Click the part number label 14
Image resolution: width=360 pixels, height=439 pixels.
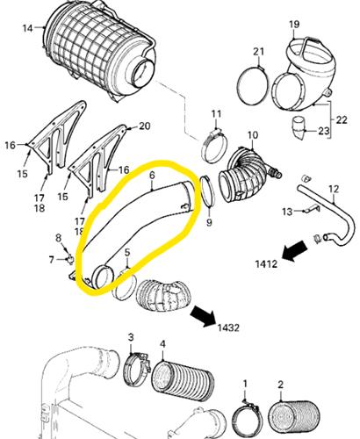(27, 29)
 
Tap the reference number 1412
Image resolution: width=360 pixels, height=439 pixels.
(266, 264)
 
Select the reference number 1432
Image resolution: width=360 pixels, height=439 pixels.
(228, 327)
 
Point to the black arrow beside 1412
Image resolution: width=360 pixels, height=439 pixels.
(294, 250)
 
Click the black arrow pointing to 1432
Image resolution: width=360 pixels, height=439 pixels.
(203, 316)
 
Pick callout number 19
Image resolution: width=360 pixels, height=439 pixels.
(294, 24)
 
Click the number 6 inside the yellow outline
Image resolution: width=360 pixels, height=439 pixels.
(152, 176)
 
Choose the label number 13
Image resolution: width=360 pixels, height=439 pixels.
(287, 211)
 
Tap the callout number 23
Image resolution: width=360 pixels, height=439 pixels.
(324, 131)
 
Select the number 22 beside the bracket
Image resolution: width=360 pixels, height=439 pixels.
(342, 119)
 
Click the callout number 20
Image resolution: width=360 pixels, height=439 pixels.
(145, 126)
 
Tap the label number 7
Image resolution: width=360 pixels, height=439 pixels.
(52, 259)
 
